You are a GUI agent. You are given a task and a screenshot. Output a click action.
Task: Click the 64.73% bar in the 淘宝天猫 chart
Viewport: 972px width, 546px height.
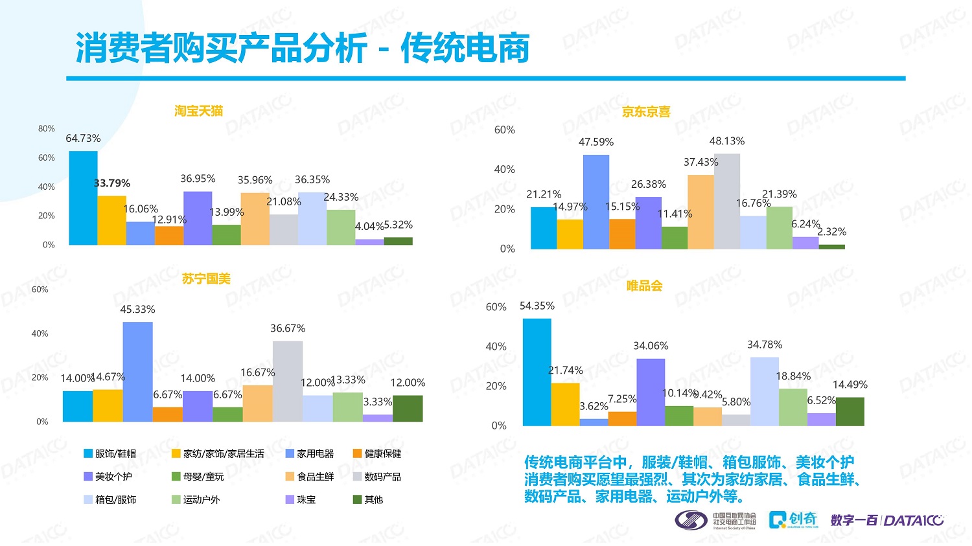coord(83,198)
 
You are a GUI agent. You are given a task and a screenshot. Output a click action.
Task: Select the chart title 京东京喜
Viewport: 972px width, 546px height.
coord(646,112)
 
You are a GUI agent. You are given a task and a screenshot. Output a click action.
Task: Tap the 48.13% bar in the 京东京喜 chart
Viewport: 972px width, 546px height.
coord(727,201)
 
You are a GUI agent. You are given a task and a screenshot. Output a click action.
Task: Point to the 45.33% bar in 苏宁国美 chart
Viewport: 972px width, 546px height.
coord(137,372)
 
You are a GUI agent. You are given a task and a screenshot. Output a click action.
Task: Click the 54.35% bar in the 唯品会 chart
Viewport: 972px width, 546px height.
coord(537,372)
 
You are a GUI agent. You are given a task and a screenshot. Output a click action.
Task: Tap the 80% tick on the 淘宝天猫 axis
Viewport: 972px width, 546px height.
coord(47,129)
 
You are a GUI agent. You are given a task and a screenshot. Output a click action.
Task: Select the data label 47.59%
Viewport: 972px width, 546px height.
coord(596,142)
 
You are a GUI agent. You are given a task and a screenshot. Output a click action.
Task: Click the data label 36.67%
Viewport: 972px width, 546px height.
coord(288,328)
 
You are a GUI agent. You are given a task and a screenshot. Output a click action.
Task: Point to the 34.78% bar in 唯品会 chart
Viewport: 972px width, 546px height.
coord(765,391)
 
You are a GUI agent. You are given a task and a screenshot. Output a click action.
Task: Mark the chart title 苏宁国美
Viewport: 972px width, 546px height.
coord(206,279)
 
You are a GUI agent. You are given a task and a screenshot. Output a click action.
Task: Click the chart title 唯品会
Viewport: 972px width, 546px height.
coord(644,286)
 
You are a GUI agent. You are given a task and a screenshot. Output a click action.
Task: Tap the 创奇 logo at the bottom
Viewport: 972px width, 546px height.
coord(794,519)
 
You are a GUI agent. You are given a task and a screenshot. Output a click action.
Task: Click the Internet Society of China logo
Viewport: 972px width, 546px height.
coord(715,520)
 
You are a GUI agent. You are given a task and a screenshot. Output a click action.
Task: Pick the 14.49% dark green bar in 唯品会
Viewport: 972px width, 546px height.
coord(850,411)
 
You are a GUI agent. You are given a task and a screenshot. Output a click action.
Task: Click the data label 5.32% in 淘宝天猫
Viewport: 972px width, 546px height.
coord(398,225)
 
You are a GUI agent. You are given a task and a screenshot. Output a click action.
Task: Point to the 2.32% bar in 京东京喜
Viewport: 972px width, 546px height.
coord(832,246)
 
